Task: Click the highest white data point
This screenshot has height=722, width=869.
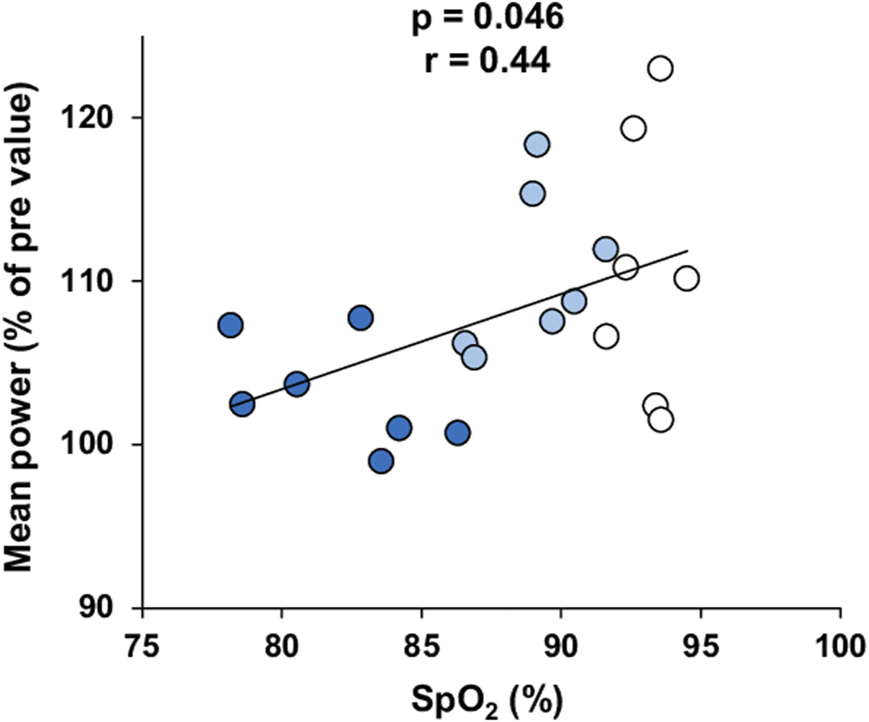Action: point(660,69)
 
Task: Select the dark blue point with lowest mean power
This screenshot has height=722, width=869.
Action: point(381,462)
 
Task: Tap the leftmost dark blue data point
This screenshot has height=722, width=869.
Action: point(231,324)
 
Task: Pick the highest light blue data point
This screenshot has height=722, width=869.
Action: point(537,144)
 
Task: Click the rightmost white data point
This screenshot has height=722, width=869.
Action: point(686,279)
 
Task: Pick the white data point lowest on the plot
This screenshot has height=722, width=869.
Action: point(660,419)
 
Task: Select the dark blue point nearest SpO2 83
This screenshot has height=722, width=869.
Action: point(360,318)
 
